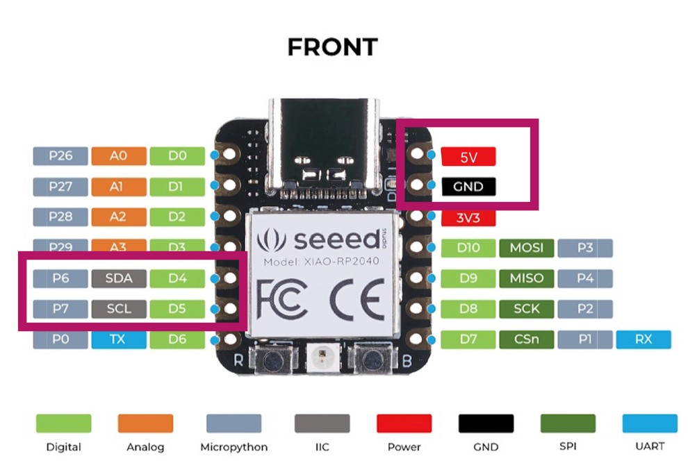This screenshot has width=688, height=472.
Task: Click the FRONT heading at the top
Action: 332,47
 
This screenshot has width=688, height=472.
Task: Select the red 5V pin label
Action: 468,157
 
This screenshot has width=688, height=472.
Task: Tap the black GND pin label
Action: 468,187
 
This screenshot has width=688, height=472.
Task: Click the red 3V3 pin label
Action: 468,217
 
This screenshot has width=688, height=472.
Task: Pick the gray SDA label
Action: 119,279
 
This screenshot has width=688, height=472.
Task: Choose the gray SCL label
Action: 119,309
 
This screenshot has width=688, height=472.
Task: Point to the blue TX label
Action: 119,339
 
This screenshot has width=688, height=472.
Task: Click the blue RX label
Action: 643,339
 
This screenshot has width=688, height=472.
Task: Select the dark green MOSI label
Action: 526,248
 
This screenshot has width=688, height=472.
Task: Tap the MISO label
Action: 526,278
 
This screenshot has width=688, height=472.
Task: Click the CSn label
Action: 526,339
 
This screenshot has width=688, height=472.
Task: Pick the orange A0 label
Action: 119,156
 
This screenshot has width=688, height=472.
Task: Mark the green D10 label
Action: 468,248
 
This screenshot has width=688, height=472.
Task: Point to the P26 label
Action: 60,156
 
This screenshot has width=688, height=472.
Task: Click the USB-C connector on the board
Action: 325,149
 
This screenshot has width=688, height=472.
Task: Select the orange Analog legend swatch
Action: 145,423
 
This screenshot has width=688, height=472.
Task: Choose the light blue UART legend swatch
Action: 650,423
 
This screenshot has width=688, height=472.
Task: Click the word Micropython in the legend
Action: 233,447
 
